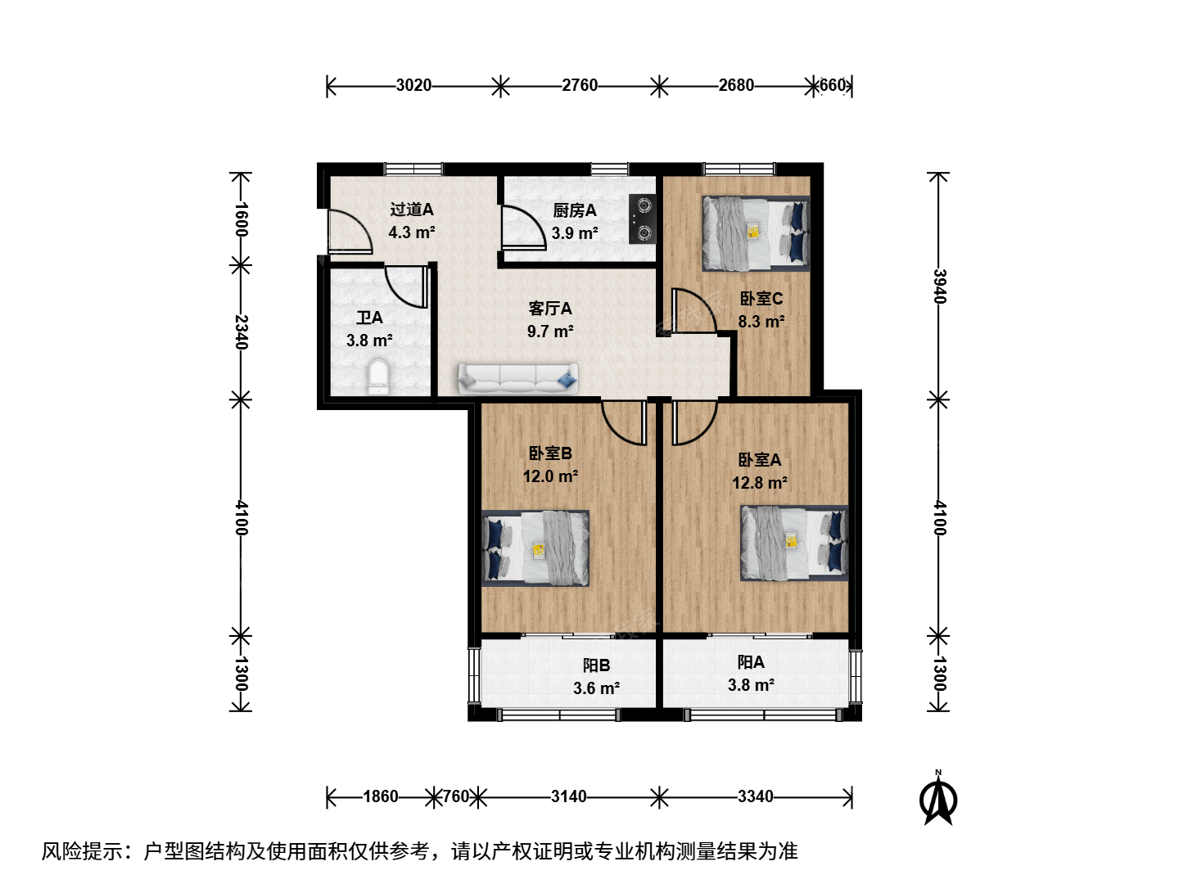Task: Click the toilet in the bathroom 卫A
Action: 379,377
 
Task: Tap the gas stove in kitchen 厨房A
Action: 643,219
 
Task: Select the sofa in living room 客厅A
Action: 517,378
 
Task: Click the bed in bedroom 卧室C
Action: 756,233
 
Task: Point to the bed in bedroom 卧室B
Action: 535,548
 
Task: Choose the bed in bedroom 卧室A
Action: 794,543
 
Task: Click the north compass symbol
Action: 937,797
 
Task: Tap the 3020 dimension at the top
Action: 413,85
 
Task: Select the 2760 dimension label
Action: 580,85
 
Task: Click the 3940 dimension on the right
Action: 938,286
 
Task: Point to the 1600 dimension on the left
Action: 241,219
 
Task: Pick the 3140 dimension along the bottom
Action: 569,796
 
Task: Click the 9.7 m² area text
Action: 550,331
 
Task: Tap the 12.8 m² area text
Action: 760,483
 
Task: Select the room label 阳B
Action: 596,665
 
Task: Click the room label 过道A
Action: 412,210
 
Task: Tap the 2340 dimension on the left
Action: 241,331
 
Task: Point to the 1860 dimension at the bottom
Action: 381,796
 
